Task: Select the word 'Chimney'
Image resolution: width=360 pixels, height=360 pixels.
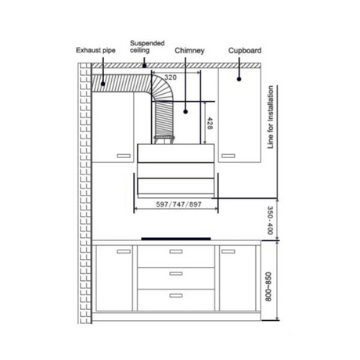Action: pyautogui.click(x=190, y=51)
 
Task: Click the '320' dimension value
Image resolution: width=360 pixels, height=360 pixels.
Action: pyautogui.click(x=171, y=78)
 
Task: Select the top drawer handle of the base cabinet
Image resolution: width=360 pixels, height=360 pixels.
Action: pyautogui.click(x=175, y=252)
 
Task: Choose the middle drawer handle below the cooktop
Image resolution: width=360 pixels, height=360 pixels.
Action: pyautogui.click(x=175, y=273)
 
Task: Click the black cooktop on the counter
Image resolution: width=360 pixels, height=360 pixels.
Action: pyautogui.click(x=175, y=239)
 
